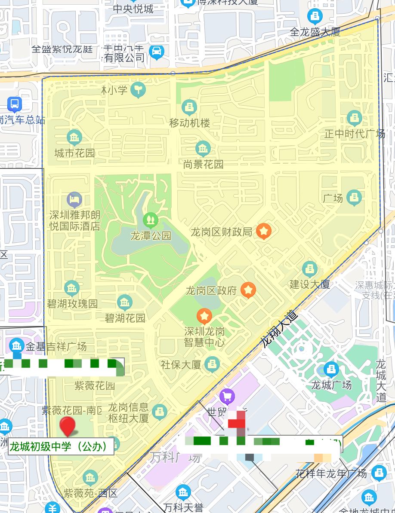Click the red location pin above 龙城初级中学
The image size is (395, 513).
[x=68, y=426]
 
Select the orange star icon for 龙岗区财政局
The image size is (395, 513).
[x=264, y=232]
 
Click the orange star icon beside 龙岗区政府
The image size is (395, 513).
[x=248, y=290]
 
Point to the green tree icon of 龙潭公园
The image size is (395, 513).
[x=151, y=220]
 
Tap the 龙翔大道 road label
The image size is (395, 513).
[x=279, y=329]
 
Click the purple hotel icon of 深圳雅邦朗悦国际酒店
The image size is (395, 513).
[x=74, y=199]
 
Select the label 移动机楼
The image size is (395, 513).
[x=190, y=123]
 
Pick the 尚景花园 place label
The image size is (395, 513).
[x=203, y=164]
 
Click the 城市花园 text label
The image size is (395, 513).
[x=74, y=153]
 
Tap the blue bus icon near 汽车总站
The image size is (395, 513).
[x=15, y=104]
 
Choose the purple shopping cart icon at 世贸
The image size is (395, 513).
[x=227, y=396]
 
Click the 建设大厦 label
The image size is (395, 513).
[x=309, y=284]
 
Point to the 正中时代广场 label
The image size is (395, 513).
[x=355, y=134]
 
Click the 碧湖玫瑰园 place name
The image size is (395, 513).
[x=72, y=304]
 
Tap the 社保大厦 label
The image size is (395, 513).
[x=181, y=365]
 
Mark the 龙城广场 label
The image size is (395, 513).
[x=331, y=385]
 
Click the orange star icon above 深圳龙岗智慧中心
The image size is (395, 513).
[x=204, y=317]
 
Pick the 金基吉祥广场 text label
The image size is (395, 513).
[x=56, y=346]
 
